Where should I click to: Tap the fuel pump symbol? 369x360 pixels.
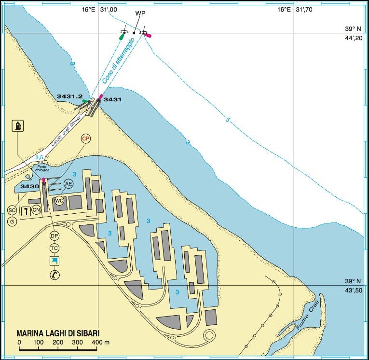(18, 126)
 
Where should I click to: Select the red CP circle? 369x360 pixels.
(86, 139)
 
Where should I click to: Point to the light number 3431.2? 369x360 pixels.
(69, 97)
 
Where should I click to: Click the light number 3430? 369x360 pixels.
(29, 186)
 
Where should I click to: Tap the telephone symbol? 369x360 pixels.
(54, 275)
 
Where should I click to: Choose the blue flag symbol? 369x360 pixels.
(54, 261)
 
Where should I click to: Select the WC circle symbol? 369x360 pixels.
(59, 201)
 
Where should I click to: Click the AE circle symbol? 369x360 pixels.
(69, 184)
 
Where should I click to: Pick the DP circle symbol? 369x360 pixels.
(54, 236)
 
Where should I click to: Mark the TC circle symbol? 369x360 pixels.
(54, 248)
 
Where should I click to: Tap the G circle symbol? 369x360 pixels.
(12, 222)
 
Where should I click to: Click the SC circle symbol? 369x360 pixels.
(12, 210)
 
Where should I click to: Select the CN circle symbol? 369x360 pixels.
(36, 210)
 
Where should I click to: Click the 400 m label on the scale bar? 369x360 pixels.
(100, 342)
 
